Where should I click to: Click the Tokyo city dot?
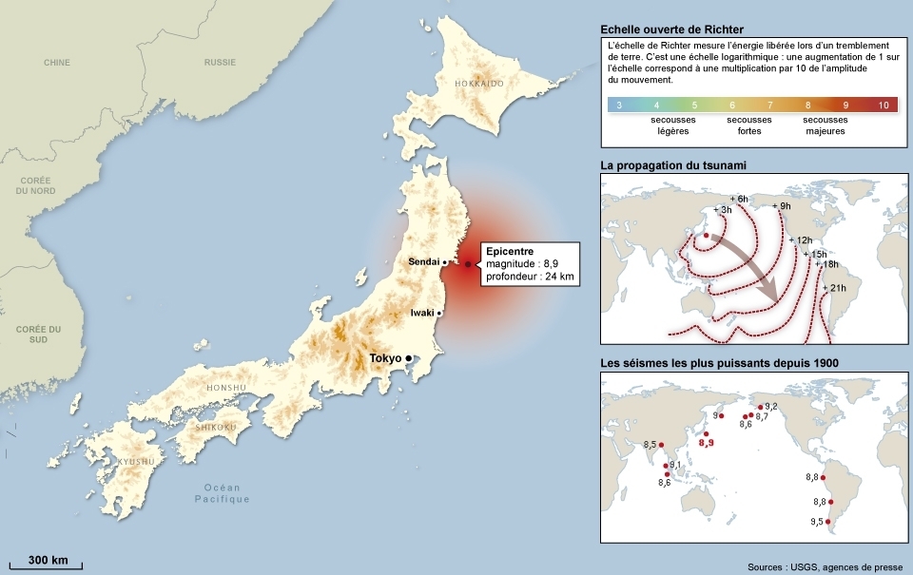coord(409,358)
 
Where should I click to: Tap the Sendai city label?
coord(424,261)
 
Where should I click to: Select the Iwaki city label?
coord(422,312)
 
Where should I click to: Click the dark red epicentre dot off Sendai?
coord(468,263)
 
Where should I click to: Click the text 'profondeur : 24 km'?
coord(530,277)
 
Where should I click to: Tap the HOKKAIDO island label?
coord(478,84)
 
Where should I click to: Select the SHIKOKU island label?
coord(216,428)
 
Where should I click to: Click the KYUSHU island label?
coord(136,462)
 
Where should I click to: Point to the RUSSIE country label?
coord(220,63)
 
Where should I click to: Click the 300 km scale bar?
coord(47,566)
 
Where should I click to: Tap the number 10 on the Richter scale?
coord(884,105)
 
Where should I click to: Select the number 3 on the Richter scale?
coord(619,105)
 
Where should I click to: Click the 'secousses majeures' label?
coord(824,125)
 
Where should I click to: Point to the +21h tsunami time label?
coord(836,288)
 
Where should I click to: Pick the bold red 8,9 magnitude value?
coord(706,442)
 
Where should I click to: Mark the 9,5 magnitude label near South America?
coord(816,522)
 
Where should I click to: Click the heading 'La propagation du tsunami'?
coord(672,165)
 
